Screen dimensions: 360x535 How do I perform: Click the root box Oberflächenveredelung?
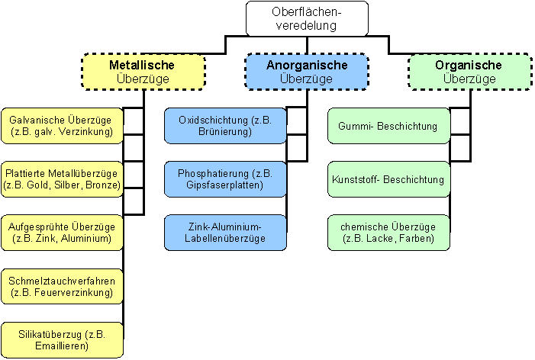(307, 18)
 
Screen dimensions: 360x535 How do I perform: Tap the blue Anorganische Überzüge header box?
(306, 71)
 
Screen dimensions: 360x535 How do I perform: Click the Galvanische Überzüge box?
(62, 126)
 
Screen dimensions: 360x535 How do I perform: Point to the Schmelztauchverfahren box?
(62, 286)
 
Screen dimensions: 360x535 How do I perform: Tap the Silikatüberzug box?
(62, 339)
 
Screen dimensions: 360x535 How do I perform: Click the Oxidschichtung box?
(225, 126)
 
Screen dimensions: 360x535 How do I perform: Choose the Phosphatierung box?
(225, 179)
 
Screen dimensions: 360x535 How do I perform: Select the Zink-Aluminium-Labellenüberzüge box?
(225, 233)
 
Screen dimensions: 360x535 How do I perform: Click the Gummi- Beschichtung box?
(388, 126)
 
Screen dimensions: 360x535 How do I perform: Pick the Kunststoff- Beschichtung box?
(388, 179)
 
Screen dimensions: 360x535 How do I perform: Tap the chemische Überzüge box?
(388, 233)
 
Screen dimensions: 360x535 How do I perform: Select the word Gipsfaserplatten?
(225, 185)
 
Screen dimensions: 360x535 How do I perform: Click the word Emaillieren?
(62, 346)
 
